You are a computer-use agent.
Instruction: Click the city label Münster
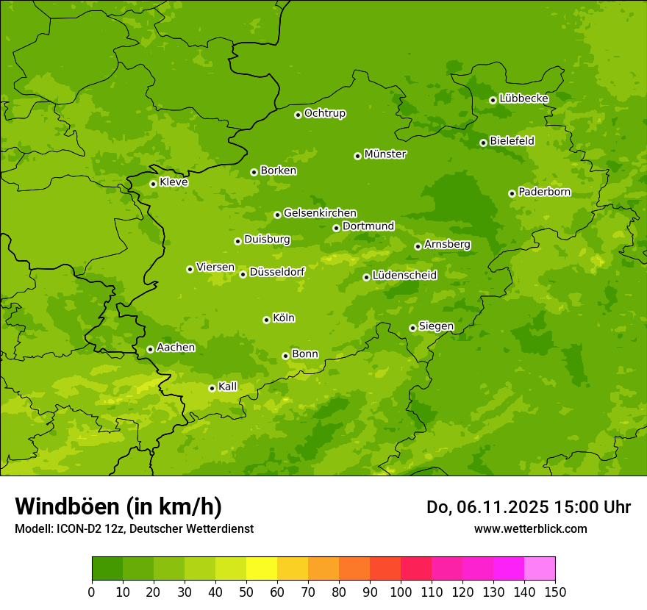coord(385,154)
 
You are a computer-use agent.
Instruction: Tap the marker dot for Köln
coord(266,320)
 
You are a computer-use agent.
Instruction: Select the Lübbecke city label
coord(523,98)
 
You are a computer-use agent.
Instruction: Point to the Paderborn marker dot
coord(512,193)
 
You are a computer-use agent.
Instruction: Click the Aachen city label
coord(176,348)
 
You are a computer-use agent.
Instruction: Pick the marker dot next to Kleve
coord(153,184)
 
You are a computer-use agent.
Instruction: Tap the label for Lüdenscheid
coord(404,276)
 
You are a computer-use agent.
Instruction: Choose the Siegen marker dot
coord(412,328)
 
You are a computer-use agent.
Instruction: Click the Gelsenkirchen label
coord(320,213)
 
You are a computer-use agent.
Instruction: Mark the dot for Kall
coord(212,388)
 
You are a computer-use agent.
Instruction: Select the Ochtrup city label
coord(325,113)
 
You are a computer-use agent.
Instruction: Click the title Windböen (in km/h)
coord(118,506)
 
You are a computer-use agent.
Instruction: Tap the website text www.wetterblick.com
coord(530,528)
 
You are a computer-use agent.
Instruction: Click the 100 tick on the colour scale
coord(401,592)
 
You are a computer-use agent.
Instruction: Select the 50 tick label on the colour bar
coord(246,592)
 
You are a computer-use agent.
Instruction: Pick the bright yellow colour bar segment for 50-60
coord(262,569)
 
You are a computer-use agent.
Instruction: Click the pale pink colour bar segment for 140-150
coord(540,569)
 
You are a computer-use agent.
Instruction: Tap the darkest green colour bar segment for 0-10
coord(107,569)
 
